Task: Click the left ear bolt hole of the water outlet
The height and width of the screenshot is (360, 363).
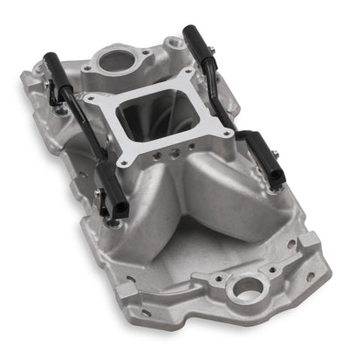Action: (x=88, y=66)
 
